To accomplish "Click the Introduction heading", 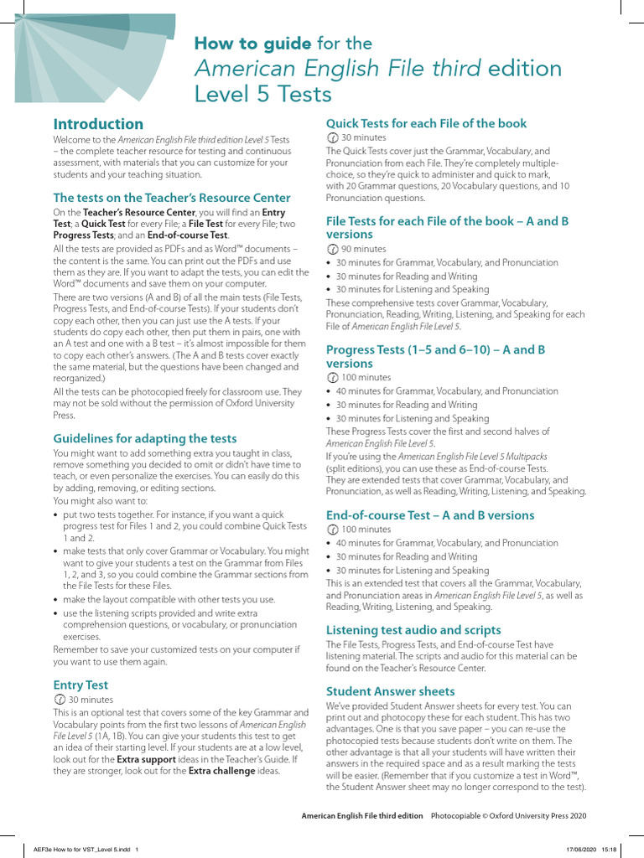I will point(98,124).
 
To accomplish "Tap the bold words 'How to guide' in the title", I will point(252,43).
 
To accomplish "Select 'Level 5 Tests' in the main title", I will point(262,94).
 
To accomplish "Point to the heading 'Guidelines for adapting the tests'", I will point(145,438).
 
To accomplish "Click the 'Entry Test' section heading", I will point(80,685).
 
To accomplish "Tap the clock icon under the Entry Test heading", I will point(59,699).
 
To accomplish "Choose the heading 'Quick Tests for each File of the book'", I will point(426,123).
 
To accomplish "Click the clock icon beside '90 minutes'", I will point(332,249).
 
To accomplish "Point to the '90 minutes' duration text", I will point(364,249).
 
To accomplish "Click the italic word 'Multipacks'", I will point(520,456).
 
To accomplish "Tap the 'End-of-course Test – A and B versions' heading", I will point(429,515).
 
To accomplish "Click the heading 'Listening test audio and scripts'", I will point(413,629).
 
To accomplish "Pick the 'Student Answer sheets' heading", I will point(390,691).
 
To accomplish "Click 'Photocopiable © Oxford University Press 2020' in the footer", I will point(508,815).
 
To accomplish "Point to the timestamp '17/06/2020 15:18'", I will point(597,849).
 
